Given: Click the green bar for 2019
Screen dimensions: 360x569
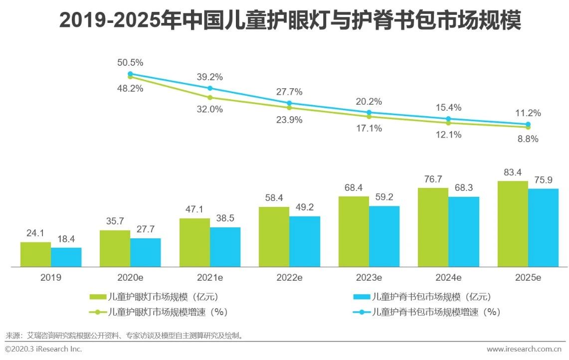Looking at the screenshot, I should pyautogui.click(x=35, y=254).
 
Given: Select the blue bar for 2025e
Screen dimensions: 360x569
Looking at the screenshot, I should pyautogui.click(x=543, y=227).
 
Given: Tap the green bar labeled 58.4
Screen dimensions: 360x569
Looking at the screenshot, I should pyautogui.click(x=274, y=236).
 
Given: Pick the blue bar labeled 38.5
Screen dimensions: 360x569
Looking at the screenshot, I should pyautogui.click(x=225, y=247).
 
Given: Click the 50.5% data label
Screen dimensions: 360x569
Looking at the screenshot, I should pyautogui.click(x=130, y=63).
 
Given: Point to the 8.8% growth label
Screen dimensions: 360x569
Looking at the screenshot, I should pyautogui.click(x=528, y=140).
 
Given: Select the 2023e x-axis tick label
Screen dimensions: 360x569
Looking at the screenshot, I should pyautogui.click(x=369, y=278).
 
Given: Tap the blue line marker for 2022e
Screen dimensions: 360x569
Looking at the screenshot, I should pyautogui.click(x=289, y=103).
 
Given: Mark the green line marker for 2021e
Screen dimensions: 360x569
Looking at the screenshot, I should pyautogui.click(x=210, y=98).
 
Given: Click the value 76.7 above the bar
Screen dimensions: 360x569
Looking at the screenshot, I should pyautogui.click(x=433, y=180).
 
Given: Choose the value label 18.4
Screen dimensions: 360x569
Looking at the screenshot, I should pyautogui.click(x=66, y=239).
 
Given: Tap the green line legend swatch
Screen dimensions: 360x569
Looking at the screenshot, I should pyautogui.click(x=98, y=313).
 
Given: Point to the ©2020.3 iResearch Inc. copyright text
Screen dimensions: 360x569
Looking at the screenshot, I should pyautogui.click(x=43, y=349).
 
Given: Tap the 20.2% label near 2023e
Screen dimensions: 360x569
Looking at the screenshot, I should pyautogui.click(x=369, y=102).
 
